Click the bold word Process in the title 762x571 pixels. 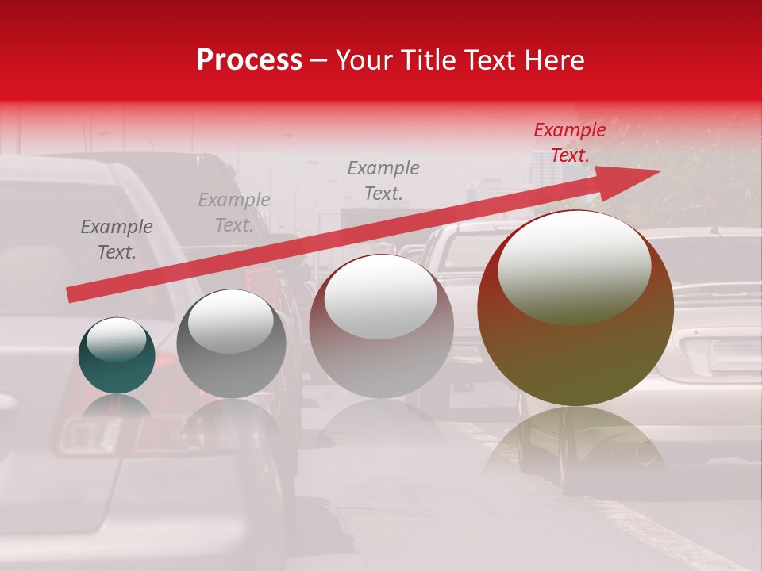pyautogui.click(x=249, y=60)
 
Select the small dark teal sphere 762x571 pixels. pyautogui.click(x=117, y=356)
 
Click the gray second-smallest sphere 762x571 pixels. pyautogui.click(x=231, y=344)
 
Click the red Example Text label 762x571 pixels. pyautogui.click(x=569, y=143)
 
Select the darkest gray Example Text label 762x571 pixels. pyautogui.click(x=117, y=240)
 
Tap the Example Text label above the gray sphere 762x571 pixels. pyautogui.click(x=234, y=213)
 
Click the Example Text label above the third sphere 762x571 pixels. pyautogui.click(x=383, y=180)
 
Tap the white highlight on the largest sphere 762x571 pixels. pyautogui.click(x=574, y=266)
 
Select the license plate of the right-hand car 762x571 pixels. pyautogui.click(x=734, y=355)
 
